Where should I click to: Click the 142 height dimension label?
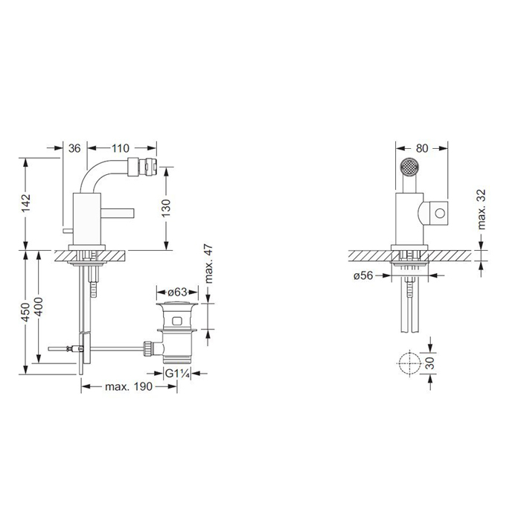pos(25,202)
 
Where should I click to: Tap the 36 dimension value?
pos(74,148)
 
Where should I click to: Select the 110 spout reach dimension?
pos(120,148)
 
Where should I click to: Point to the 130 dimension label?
pos(166,208)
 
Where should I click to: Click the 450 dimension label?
pos(25,312)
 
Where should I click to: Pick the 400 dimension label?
pos(38,307)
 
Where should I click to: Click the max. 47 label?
pos(208,264)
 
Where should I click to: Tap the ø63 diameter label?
pos(177,293)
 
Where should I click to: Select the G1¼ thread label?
pos(177,374)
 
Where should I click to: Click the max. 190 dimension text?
pos(129,386)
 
